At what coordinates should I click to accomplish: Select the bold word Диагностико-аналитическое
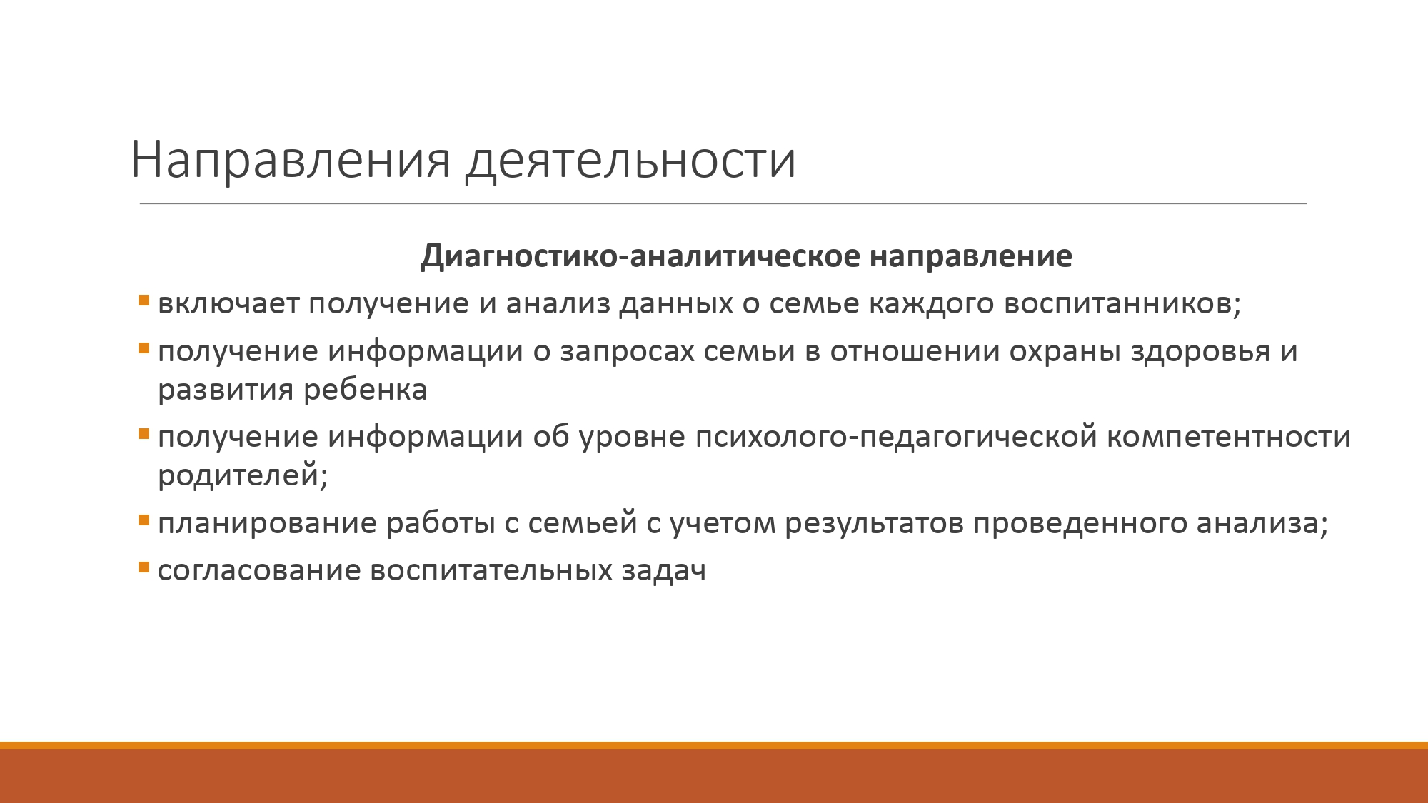pyautogui.click(x=640, y=256)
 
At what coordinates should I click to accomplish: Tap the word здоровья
pyautogui.click(x=1200, y=352)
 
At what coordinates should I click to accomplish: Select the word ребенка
pyautogui.click(x=366, y=390)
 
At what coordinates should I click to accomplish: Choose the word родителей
pyautogui.click(x=243, y=475)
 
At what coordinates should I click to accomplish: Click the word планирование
pyautogui.click(x=267, y=524)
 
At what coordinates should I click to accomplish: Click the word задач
pyautogui.click(x=663, y=570)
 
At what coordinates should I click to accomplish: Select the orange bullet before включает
pyautogui.click(x=144, y=301)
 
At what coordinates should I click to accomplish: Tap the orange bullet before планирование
pyautogui.click(x=144, y=520)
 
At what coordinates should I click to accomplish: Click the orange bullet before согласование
pyautogui.click(x=144, y=567)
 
